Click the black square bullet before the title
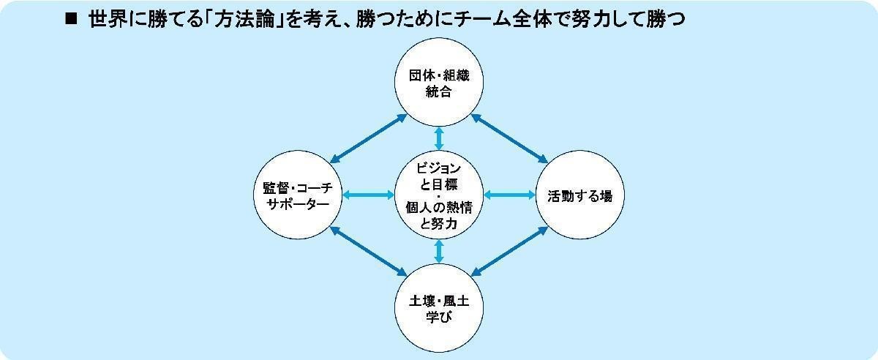(x=72, y=19)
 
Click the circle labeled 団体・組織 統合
(x=439, y=83)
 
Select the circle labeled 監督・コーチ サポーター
(x=298, y=195)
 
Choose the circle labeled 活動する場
(x=580, y=195)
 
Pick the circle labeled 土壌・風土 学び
(x=439, y=308)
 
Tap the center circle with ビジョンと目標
(x=439, y=195)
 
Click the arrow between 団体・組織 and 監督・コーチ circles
(x=369, y=138)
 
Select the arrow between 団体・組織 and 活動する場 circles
(x=509, y=138)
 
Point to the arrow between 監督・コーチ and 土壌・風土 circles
(x=369, y=252)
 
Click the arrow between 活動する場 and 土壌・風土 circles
(x=509, y=252)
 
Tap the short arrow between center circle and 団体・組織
(x=439, y=138)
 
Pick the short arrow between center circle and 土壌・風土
(x=439, y=252)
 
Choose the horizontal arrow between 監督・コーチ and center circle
(x=369, y=195)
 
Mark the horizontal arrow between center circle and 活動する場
(x=509, y=195)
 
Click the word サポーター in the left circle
(x=298, y=204)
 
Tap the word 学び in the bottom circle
(x=439, y=317)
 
